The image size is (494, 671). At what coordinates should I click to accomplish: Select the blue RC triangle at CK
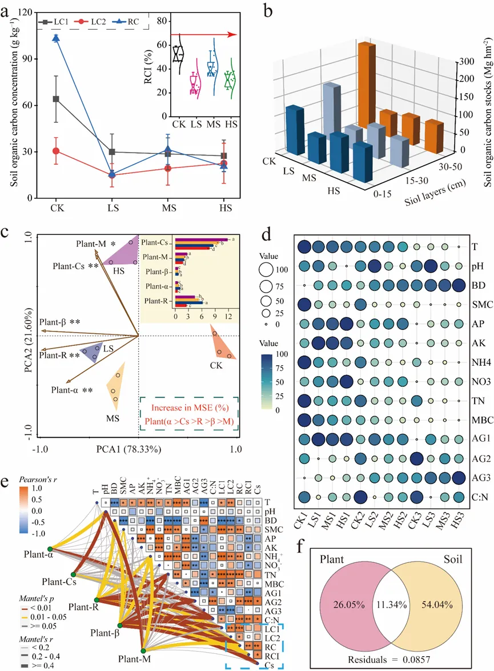point(56,38)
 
